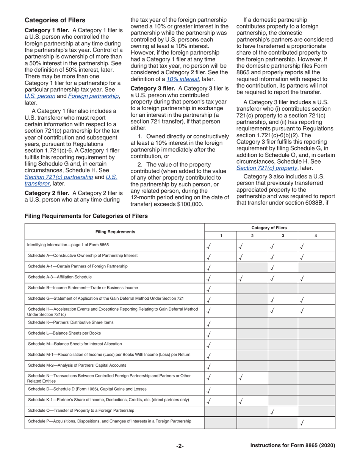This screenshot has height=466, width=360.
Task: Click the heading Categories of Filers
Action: coord(55,20)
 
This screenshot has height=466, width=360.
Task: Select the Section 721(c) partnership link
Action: coord(59,177)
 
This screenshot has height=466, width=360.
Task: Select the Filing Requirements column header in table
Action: coord(114,231)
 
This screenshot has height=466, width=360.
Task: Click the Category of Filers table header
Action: coord(269,228)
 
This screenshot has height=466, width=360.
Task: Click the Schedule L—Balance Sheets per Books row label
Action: coord(64,333)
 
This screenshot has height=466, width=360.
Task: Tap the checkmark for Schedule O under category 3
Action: coord(272,411)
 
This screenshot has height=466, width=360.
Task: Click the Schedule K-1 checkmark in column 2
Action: coord(241,400)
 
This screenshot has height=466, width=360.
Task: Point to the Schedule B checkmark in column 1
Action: coord(208,289)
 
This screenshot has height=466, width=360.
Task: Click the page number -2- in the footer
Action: coord(180,446)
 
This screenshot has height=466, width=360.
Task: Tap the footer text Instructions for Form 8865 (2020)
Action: coord(293,446)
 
